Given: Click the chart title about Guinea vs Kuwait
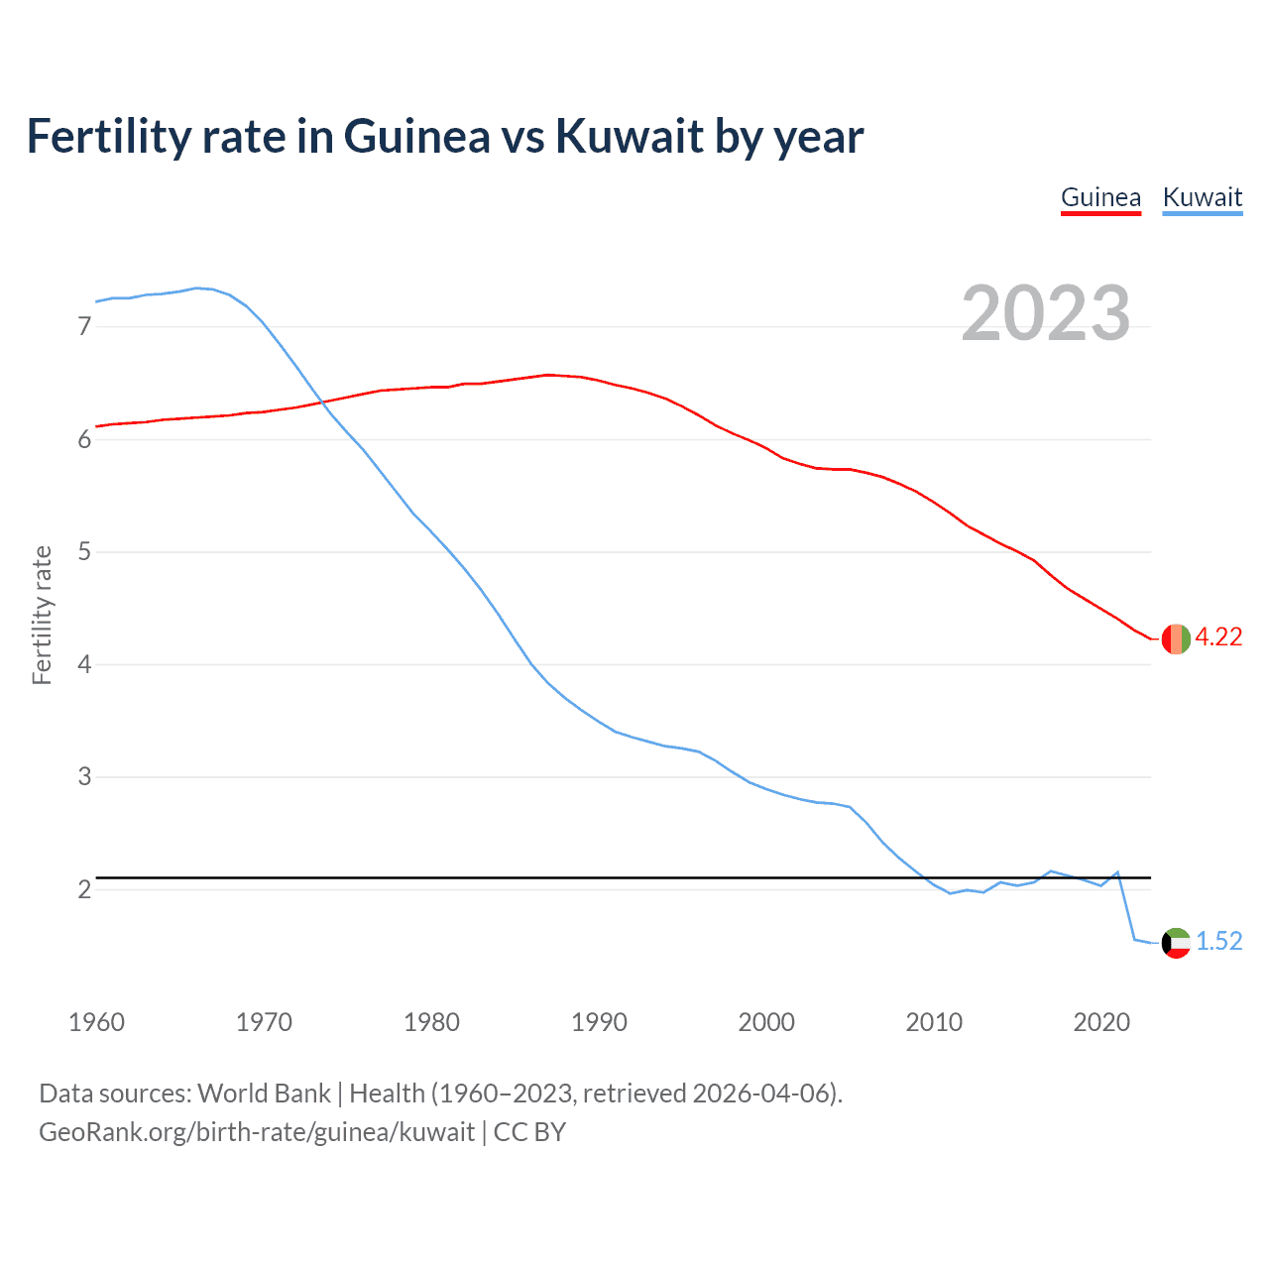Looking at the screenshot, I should [x=445, y=137].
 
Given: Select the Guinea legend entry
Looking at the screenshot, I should [x=1100, y=197].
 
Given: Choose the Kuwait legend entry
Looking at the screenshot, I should [x=1202, y=197].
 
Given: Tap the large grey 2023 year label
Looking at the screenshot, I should [x=1045, y=313].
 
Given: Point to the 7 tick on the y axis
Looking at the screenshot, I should [x=84, y=326].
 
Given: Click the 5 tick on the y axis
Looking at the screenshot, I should [x=84, y=551].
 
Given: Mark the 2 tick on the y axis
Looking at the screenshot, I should [x=84, y=889].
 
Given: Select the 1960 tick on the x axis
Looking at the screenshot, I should [x=96, y=1022].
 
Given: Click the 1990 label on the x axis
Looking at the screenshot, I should [x=599, y=1022].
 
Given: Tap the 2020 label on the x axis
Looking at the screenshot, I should [x=1101, y=1022].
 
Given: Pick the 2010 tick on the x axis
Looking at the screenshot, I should [x=934, y=1022].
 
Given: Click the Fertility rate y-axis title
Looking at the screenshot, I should [x=42, y=615].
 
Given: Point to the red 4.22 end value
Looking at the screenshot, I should [x=1218, y=637].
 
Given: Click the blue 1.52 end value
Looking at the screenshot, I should [x=1218, y=941].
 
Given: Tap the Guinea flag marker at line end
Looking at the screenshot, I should [x=1176, y=638].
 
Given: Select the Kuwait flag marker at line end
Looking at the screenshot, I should [x=1176, y=942].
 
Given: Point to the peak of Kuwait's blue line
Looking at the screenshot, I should [x=196, y=288].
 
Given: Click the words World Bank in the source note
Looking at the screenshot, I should [x=264, y=1094].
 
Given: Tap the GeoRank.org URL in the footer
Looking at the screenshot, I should [x=257, y=1132].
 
